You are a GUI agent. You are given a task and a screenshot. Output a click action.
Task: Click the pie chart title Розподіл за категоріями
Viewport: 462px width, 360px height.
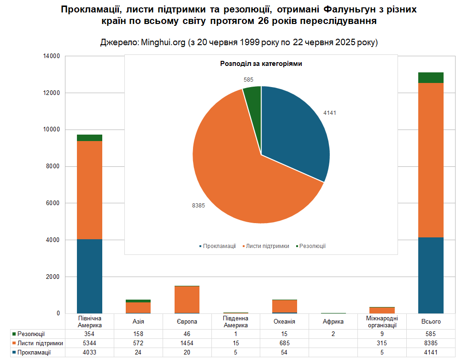point(261,64)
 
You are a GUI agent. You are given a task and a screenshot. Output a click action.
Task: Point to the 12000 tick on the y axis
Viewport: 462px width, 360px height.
point(52,93)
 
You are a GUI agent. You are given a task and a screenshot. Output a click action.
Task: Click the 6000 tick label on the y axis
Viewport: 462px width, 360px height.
point(53,203)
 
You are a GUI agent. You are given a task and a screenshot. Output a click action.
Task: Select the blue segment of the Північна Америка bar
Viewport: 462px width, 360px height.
point(89,276)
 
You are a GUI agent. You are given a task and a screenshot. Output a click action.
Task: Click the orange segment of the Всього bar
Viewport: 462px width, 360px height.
point(431,160)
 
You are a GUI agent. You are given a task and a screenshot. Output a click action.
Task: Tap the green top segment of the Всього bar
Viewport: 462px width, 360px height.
point(431,77)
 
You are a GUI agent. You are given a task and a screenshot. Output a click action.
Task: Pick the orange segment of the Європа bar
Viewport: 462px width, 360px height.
point(187,300)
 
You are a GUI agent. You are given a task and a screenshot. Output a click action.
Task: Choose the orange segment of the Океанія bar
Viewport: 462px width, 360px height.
point(285,306)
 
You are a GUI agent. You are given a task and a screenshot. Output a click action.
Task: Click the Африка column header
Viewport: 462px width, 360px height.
point(333,322)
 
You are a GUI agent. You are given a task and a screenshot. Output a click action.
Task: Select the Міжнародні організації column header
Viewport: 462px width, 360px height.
point(382,322)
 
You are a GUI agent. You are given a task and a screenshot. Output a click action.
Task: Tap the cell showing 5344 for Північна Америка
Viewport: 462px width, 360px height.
point(89,343)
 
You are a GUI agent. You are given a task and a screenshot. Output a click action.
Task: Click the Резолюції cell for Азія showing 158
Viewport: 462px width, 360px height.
point(138,334)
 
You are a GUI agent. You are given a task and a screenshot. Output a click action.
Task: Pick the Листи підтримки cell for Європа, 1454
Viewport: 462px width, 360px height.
point(187,343)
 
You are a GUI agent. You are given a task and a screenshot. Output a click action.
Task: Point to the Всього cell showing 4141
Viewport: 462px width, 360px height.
point(431,352)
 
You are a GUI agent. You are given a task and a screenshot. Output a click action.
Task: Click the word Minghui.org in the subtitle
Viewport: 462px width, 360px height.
point(163,42)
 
